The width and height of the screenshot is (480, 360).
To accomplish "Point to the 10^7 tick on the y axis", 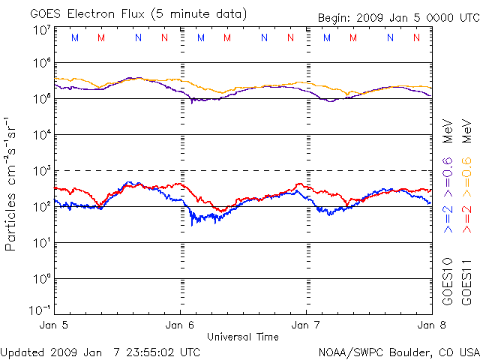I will click(40, 31).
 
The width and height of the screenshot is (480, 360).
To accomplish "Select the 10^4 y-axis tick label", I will click(40, 135).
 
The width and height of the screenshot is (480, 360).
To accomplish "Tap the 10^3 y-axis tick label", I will click(40, 171).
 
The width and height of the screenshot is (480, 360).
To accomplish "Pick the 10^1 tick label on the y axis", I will click(40, 243).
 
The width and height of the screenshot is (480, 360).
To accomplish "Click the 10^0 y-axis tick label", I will click(40, 279).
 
